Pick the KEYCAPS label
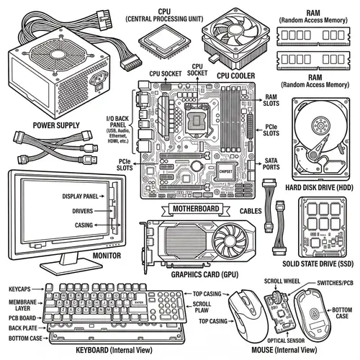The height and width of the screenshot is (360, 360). click(x=20, y=288)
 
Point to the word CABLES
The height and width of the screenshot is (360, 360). click(x=252, y=211)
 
